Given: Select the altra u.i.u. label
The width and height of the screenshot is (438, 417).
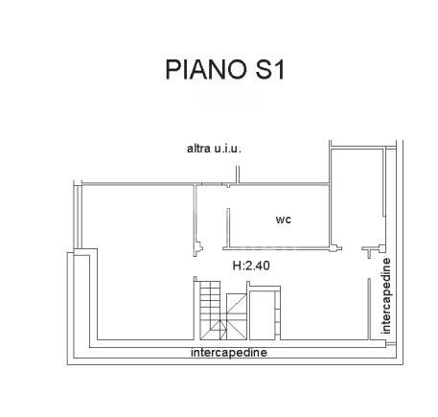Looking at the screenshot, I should point(214,149).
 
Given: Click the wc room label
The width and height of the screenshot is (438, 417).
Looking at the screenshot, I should point(283,220).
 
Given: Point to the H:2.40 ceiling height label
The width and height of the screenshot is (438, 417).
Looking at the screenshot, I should point(252,266).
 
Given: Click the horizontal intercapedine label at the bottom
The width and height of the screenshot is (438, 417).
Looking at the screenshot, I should point(228,352).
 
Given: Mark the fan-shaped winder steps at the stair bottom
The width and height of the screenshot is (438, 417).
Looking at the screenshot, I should point(213,329).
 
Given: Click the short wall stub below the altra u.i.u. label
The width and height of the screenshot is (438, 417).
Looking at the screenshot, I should point(237,174).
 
